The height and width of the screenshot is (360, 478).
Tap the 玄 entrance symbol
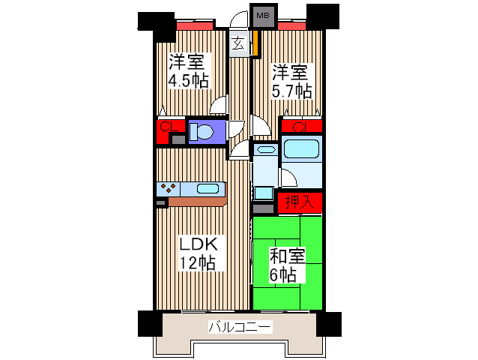[x=238, y=43]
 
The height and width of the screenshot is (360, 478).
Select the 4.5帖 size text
[x=187, y=81]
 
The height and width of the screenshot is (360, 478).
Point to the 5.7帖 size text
[x=291, y=91]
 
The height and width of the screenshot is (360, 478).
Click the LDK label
[x=198, y=244]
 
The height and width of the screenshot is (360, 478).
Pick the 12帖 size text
[x=198, y=262]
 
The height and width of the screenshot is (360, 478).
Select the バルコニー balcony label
[x=240, y=327]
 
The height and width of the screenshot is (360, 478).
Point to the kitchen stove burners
[x=169, y=187]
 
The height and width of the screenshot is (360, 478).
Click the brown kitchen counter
[x=197, y=201]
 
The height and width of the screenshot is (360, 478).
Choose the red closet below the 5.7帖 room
[x=302, y=126]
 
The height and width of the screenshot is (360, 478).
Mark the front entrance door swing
[x=237, y=17]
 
